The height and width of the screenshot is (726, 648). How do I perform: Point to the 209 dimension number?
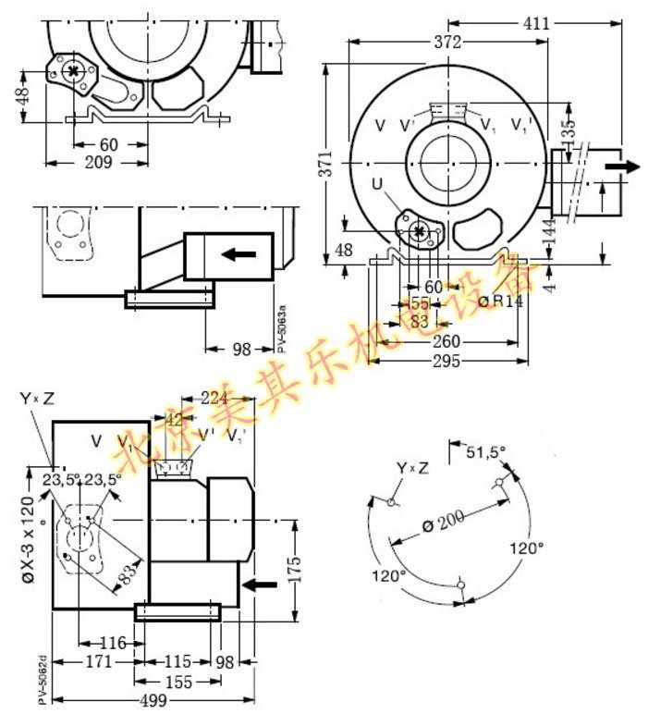pos(97,162)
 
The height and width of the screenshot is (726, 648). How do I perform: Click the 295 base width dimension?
pos(446,361)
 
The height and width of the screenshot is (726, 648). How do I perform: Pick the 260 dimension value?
pos(446,341)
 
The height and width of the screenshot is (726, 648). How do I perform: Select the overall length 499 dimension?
pos(153,701)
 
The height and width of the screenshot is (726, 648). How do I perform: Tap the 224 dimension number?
pos(214,399)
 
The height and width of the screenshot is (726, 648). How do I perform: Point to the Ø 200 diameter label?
pos(444,522)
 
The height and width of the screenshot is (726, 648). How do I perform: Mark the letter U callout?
pos(378,185)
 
